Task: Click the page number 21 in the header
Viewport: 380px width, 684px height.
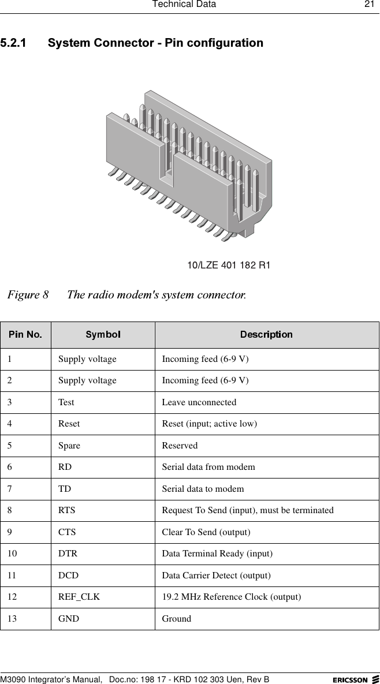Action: coord(368,5)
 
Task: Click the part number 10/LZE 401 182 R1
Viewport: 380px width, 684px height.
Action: coord(229,266)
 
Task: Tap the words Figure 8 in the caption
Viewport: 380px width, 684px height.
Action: coord(28,295)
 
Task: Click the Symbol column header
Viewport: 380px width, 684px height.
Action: coord(103,335)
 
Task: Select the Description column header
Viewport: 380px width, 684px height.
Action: coord(266,335)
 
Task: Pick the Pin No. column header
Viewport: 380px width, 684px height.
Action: coord(25,335)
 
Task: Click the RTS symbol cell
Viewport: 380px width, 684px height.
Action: coord(66,510)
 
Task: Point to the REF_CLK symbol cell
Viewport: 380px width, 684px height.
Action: coord(79,597)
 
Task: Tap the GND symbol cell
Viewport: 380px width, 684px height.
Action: coord(69,619)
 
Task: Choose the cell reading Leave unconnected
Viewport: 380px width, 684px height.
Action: coord(199,402)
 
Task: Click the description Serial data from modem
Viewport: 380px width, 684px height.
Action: coord(208,467)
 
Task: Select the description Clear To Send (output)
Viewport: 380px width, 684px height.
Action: coord(206,532)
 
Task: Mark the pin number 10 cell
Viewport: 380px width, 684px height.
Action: coord(12,554)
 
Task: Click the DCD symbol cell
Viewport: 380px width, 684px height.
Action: coord(68,575)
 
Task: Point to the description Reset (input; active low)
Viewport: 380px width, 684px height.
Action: coord(209,424)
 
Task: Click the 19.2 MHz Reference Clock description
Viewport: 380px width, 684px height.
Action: coord(231,597)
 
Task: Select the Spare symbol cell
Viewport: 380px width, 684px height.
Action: coord(69,446)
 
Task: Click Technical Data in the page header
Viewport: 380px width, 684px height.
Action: coord(184,5)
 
